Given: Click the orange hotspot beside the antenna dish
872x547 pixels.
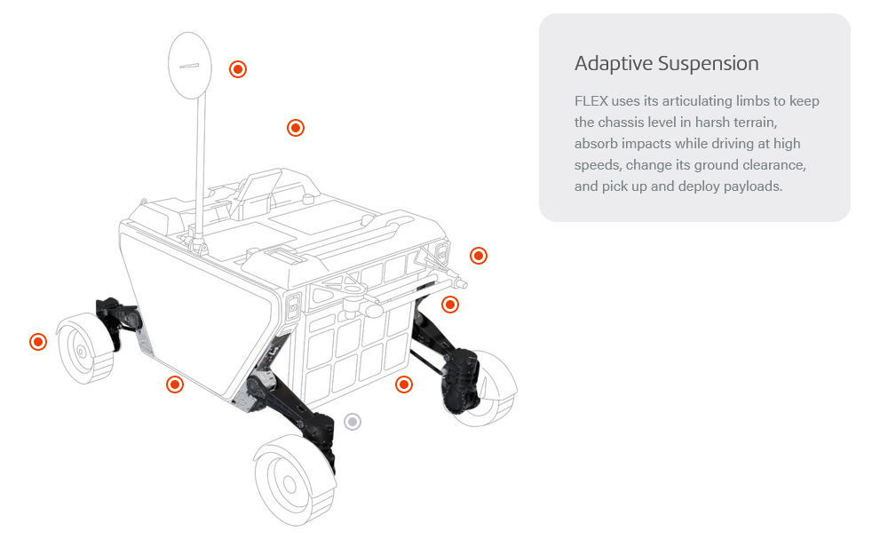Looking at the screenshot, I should coord(237,69).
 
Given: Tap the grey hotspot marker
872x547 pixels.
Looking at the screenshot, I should coord(353,421).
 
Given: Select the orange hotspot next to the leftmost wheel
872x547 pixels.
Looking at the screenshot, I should coord(37,342).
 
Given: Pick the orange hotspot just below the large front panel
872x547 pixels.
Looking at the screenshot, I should coord(175,384).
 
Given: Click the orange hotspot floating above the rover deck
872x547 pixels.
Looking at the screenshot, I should coord(296,128).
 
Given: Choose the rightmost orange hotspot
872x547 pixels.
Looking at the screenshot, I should coord(478,256).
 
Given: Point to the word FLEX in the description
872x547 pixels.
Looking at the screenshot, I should coord(591,101).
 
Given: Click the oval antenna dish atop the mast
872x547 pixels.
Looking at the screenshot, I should coord(190,66).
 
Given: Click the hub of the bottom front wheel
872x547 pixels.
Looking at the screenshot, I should coord(289,484).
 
